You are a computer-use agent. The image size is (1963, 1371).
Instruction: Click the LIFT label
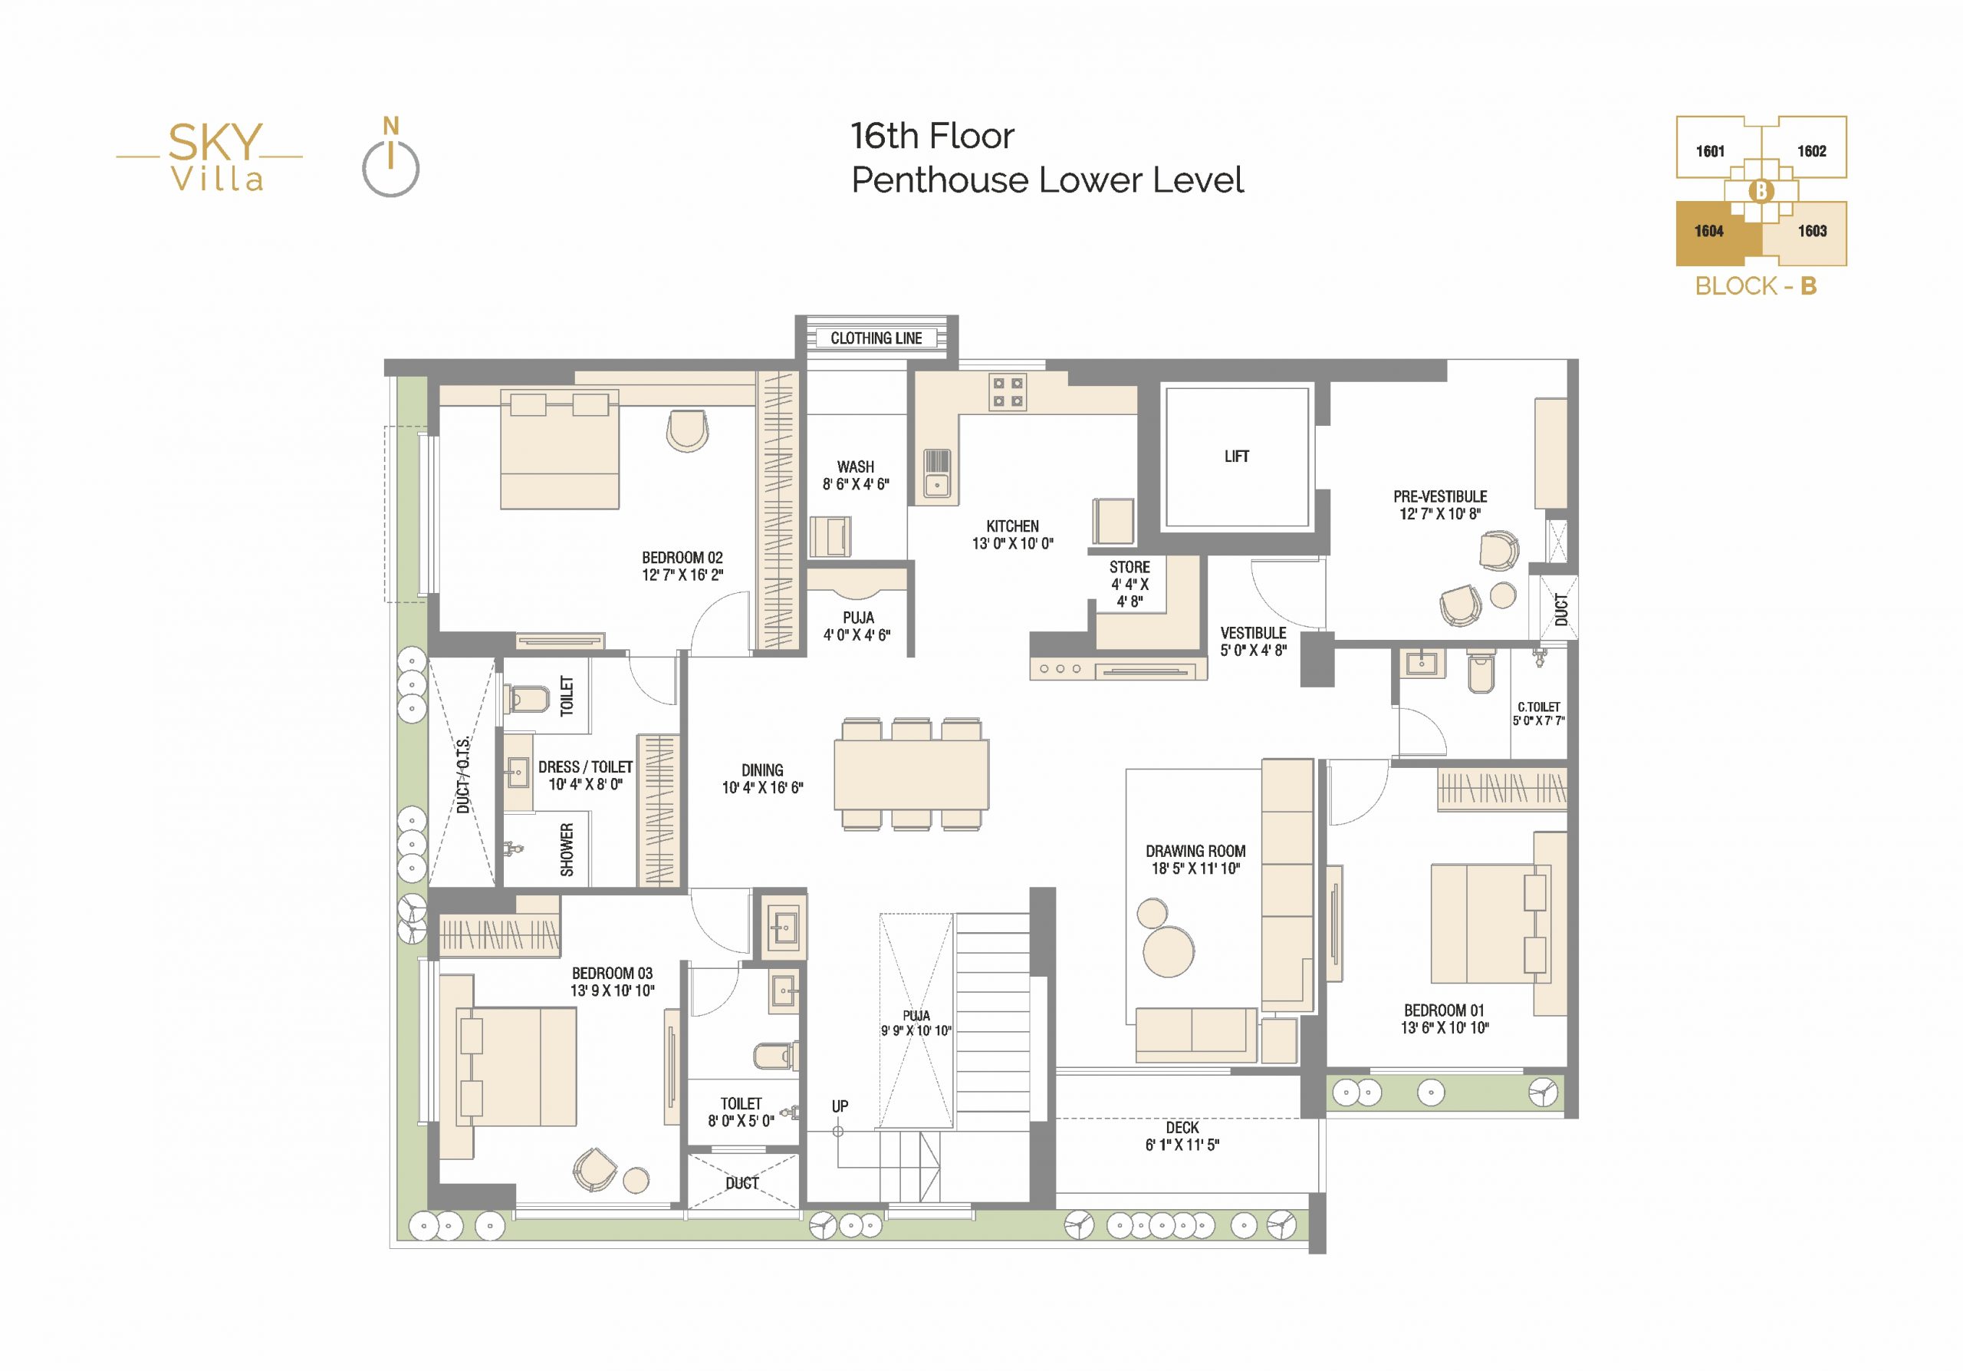click(x=1236, y=456)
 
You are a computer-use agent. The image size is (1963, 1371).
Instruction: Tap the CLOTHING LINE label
click(x=876, y=338)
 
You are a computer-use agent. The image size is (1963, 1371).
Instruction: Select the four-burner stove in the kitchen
click(x=1007, y=392)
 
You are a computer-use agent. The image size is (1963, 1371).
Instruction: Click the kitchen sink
click(x=937, y=476)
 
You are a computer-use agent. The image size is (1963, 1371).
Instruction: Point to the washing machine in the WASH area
click(x=830, y=536)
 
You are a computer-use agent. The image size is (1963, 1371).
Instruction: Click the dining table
click(x=912, y=774)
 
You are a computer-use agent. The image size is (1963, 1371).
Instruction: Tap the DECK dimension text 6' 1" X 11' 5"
click(x=1182, y=1145)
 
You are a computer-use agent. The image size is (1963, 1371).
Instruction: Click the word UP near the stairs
click(x=840, y=1106)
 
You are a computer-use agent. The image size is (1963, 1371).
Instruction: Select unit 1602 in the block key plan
click(x=1812, y=151)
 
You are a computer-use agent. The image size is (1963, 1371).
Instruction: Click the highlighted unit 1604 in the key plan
click(x=1709, y=232)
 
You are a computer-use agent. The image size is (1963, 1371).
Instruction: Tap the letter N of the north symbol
click(x=391, y=127)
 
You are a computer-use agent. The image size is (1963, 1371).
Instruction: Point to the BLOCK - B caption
click(x=1756, y=285)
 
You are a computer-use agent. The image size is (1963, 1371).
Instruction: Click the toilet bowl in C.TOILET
click(x=1481, y=671)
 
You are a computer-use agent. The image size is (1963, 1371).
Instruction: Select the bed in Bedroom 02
click(x=559, y=450)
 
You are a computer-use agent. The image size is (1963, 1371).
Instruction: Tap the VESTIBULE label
click(x=1254, y=633)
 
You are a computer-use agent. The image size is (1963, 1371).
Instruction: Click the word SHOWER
click(x=567, y=850)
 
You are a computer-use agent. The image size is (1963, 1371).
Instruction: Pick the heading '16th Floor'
click(x=932, y=136)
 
